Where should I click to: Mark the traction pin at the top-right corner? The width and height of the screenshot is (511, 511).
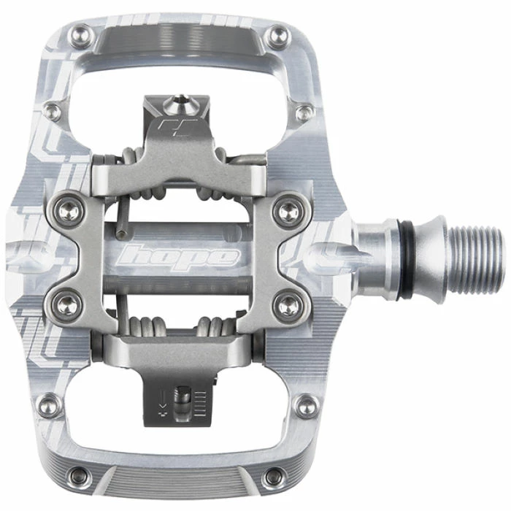click(277, 32)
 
